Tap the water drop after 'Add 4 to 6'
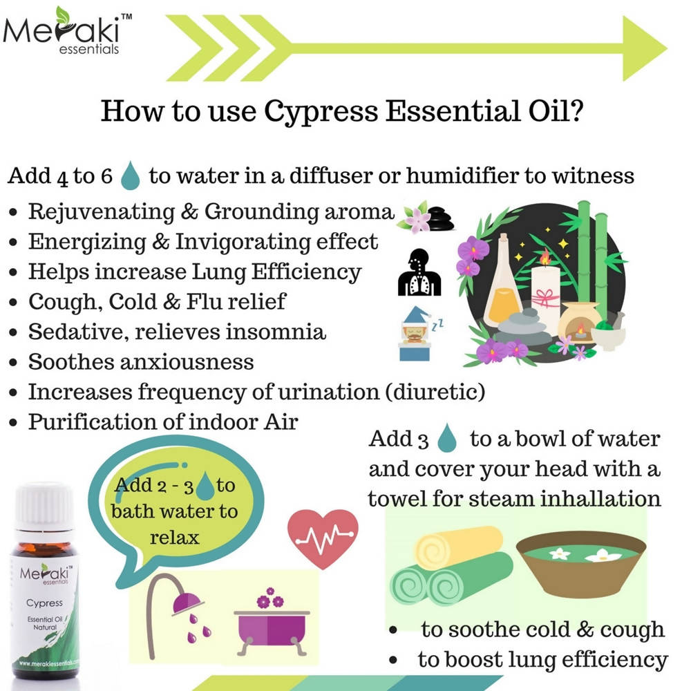(x=130, y=177)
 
